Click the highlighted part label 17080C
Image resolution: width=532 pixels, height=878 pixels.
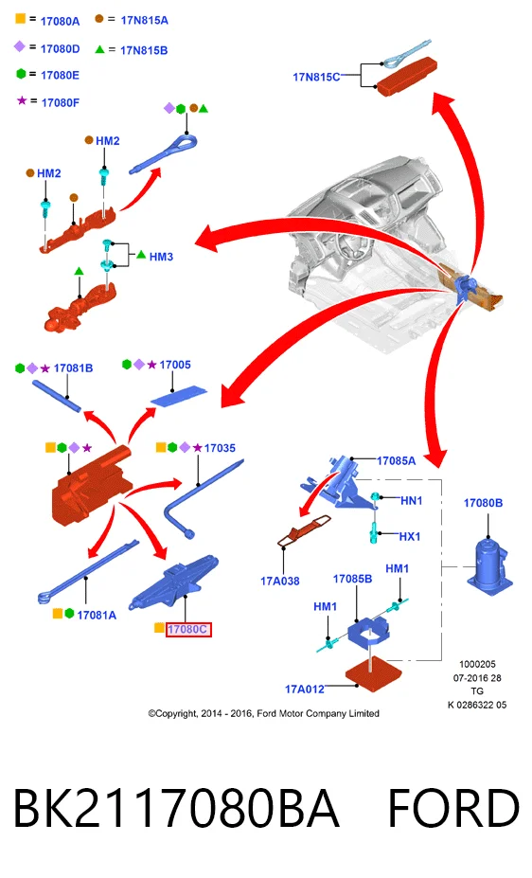(x=188, y=630)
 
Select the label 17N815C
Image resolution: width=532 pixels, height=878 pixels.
(x=316, y=78)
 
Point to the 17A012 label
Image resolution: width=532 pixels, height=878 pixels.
(x=304, y=689)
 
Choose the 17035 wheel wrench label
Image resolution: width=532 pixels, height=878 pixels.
(x=220, y=448)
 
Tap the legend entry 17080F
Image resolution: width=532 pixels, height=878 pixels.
(x=61, y=102)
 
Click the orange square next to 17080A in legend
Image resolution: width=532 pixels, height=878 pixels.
(x=21, y=19)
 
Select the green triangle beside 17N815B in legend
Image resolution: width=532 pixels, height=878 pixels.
(x=99, y=49)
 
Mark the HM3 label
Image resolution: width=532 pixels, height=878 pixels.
(x=161, y=257)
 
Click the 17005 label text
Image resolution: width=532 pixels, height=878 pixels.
(x=175, y=365)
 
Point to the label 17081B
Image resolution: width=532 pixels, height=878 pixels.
(x=73, y=367)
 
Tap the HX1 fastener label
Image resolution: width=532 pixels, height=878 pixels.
(x=410, y=536)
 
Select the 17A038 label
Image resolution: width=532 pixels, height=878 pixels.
(x=279, y=582)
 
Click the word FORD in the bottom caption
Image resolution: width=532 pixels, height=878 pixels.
(x=453, y=808)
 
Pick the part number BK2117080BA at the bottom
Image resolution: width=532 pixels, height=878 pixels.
(x=176, y=808)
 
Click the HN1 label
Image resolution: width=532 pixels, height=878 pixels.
(x=411, y=501)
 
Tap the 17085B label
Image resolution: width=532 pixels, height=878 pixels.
(x=352, y=579)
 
